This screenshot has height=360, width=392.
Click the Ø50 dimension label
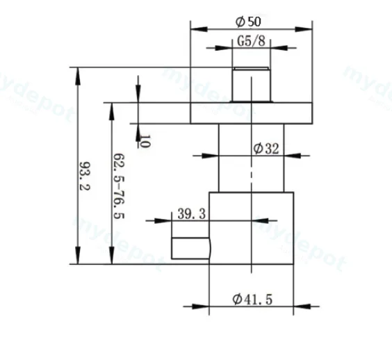pos(248,22)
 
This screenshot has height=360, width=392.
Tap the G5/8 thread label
pos(251,41)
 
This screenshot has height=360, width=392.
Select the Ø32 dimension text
pos(266,149)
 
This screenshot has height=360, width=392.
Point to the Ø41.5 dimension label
pos(252,300)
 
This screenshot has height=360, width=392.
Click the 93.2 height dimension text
pos(85,177)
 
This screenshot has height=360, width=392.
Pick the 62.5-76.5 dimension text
pos(119,186)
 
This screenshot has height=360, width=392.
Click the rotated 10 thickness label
pos(145,142)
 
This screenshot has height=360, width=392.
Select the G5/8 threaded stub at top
pos(251,85)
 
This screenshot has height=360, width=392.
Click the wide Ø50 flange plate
pos(251,113)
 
